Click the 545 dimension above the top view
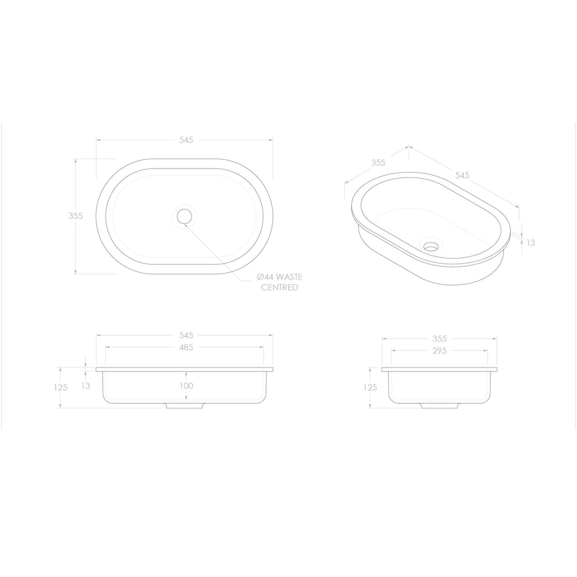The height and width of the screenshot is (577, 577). tap(186, 140)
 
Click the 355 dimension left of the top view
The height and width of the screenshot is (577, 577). tap(76, 216)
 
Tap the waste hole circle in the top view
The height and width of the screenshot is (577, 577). tap(185, 216)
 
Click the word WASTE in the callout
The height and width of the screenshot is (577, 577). tap(289, 277)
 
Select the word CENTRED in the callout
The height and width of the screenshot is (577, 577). tap(280, 287)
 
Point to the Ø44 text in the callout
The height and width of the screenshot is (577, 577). tap(265, 277)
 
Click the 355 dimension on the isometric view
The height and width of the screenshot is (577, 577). tap(378, 162)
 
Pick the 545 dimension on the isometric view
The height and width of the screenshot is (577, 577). tap(462, 175)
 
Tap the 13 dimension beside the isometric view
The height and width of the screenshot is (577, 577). tap(531, 242)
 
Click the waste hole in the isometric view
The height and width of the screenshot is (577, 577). tap(430, 246)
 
